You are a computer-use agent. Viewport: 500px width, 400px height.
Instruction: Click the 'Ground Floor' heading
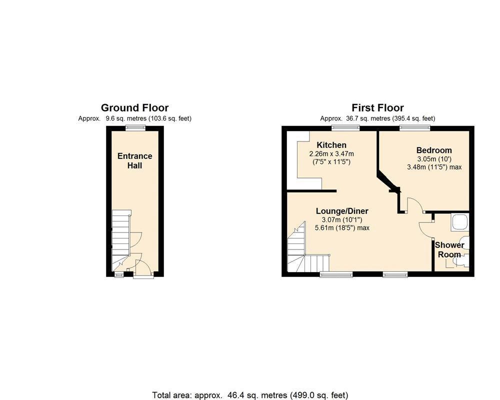(134, 107)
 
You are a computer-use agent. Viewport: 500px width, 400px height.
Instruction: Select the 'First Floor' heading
(377, 107)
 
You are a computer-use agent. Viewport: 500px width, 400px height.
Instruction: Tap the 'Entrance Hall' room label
(134, 160)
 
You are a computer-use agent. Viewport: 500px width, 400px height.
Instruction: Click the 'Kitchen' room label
(331, 145)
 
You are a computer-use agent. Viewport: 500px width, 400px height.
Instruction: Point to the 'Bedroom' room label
(434, 150)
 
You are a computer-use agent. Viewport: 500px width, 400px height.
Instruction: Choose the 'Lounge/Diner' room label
(342, 211)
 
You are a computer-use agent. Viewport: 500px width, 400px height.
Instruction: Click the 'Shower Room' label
(449, 249)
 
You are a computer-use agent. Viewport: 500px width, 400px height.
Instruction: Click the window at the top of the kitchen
(345, 128)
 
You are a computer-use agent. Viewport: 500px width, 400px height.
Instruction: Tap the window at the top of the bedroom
(414, 128)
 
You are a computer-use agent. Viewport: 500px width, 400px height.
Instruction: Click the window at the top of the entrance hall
(134, 128)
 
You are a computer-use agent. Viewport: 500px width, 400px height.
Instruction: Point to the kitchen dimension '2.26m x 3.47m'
(331, 153)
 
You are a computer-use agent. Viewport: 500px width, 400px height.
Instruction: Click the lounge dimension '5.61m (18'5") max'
(342, 227)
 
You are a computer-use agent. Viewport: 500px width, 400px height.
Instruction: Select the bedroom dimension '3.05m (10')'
(434, 159)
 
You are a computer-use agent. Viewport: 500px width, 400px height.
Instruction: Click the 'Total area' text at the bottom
(250, 395)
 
